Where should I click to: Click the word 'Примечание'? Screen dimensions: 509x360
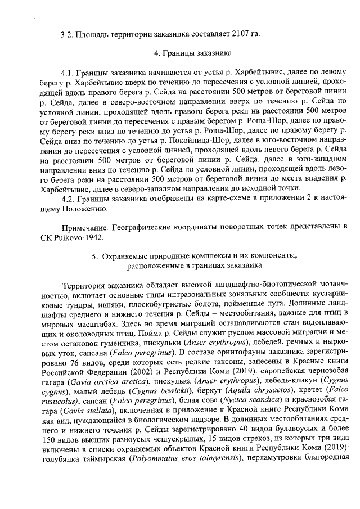click(85, 227)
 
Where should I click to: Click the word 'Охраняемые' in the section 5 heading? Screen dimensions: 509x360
click(124, 256)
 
